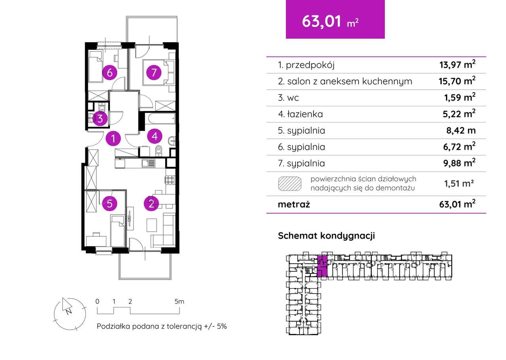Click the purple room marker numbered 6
(110, 73)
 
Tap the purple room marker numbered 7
(154, 73)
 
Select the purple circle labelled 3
(100, 119)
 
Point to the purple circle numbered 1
(113, 139)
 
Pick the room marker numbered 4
(155, 136)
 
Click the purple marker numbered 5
(110, 204)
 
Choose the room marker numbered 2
(151, 204)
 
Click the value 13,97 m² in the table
(457, 65)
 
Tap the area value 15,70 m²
(457, 81)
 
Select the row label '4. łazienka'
(300, 114)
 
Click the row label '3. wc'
(289, 98)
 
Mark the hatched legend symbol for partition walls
(290, 184)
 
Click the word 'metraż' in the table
(294, 204)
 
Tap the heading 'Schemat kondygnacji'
(326, 236)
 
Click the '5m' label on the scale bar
(179, 302)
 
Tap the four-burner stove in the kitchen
(170, 180)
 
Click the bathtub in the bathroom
(160, 117)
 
